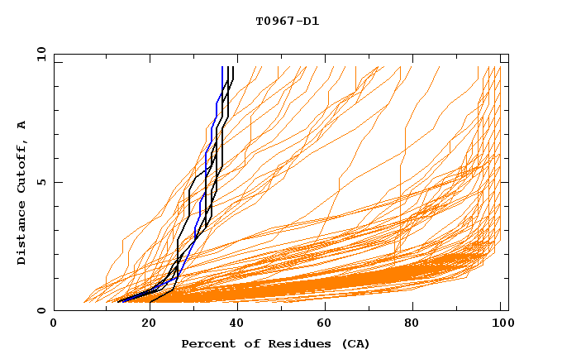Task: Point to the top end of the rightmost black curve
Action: [x=233, y=68]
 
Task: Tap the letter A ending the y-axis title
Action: [x=22, y=125]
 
